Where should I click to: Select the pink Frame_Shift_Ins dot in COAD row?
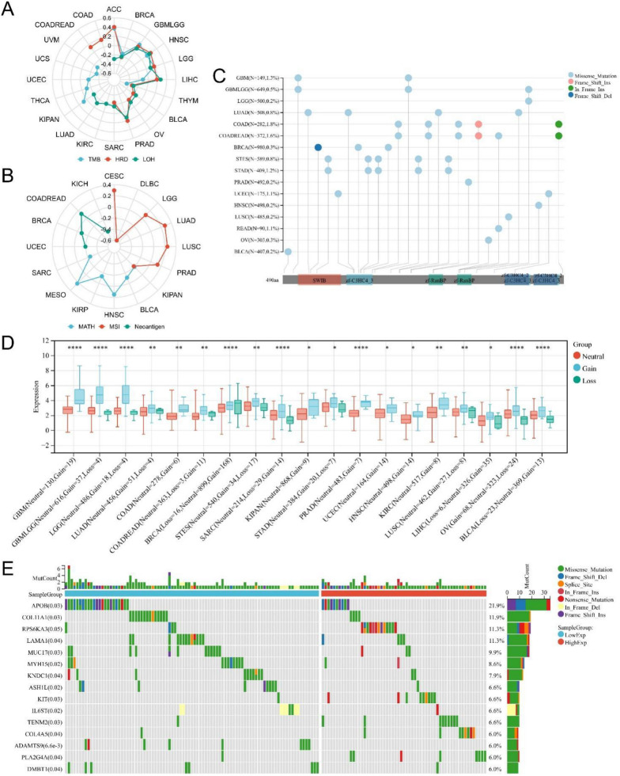point(478,124)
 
